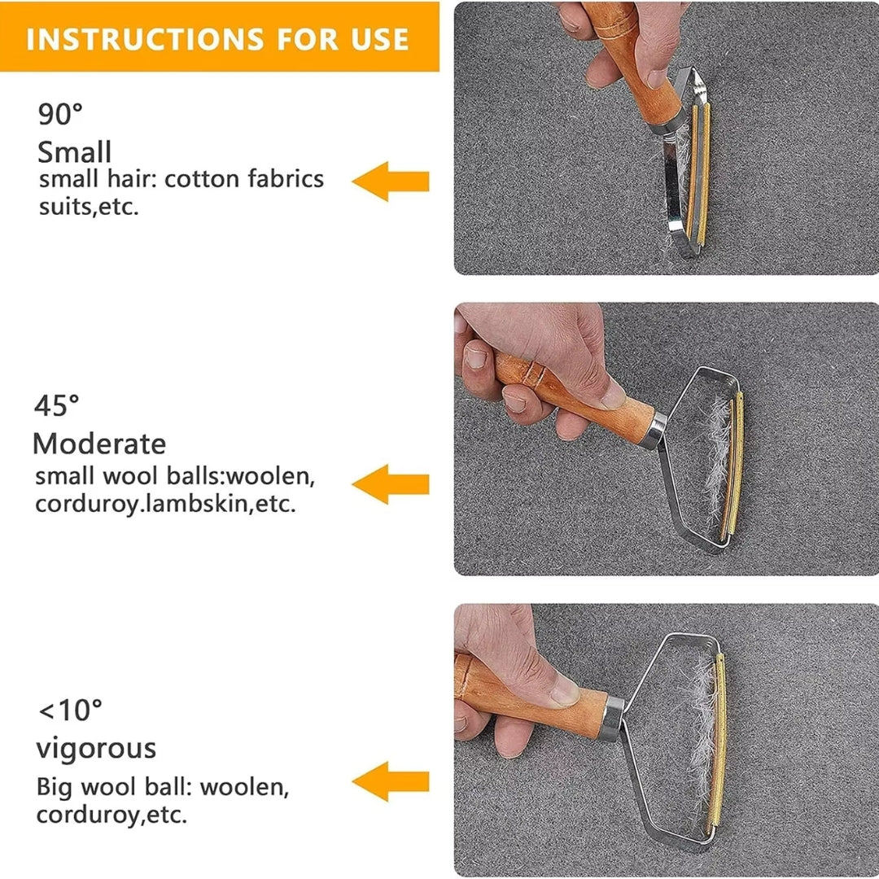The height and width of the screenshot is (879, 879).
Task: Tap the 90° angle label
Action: [61, 115]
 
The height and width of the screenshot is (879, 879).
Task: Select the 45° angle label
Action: [57, 405]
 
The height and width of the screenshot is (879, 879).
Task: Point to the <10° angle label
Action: [70, 711]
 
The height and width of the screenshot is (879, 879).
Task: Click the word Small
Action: [75, 152]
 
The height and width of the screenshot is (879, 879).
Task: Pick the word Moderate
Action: [99, 444]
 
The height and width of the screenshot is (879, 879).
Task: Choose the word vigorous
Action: [96, 747]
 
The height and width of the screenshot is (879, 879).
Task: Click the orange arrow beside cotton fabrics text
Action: [391, 181]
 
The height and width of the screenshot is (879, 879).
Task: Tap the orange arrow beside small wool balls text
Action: [391, 484]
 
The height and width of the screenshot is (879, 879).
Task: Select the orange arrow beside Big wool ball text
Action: [391, 781]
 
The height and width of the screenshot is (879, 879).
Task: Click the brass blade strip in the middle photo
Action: [735, 468]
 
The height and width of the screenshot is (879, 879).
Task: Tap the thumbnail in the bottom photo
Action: [565, 691]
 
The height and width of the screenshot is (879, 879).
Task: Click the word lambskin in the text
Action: [199, 504]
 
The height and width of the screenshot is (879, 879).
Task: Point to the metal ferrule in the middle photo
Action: [654, 430]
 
